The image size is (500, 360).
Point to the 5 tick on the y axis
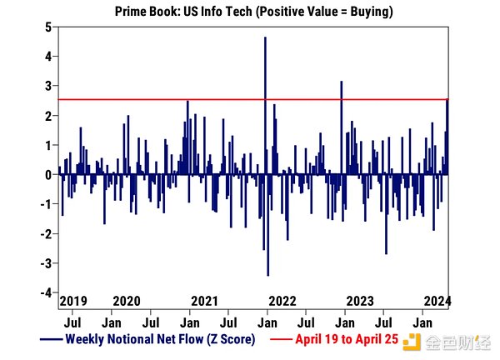point(49,27)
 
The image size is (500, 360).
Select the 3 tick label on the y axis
point(49,87)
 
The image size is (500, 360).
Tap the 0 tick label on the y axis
point(49,175)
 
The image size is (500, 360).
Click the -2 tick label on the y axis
point(47,234)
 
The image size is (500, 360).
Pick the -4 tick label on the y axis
point(47,293)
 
